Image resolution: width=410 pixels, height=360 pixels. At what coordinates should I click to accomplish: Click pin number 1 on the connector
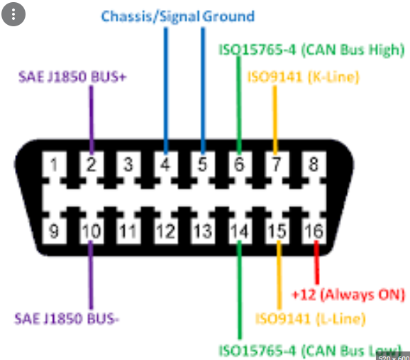tap(54, 165)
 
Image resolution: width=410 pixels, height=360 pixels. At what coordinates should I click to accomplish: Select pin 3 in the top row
tap(128, 165)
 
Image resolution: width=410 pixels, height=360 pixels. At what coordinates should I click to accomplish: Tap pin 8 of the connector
tap(314, 165)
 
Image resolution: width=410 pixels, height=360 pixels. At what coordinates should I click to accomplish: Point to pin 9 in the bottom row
tap(54, 231)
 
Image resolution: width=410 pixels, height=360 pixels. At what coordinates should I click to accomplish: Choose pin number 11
tap(128, 231)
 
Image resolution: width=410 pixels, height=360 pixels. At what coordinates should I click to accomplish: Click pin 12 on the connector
tap(166, 231)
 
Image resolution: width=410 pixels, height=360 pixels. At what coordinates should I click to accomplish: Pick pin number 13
tap(203, 231)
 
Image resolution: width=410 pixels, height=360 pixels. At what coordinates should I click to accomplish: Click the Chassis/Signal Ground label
tap(178, 16)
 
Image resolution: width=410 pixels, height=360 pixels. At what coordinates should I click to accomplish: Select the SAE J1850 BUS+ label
tap(72, 77)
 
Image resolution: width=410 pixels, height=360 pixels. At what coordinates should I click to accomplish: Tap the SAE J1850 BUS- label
tap(67, 319)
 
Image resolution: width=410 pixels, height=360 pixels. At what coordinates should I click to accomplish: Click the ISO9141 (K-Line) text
tap(304, 77)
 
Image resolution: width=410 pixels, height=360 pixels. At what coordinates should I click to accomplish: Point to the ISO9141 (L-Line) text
tap(310, 319)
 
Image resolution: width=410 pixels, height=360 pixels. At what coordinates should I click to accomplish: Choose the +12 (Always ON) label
tap(348, 295)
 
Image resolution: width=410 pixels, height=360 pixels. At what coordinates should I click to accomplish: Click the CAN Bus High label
tap(311, 50)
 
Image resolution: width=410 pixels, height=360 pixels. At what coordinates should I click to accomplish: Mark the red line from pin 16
tap(316, 262)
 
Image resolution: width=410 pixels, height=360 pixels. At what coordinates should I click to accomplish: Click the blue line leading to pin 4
tap(166, 91)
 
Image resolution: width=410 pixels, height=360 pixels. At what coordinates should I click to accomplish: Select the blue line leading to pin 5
tap(203, 91)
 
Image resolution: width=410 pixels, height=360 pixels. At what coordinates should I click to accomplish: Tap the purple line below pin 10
tap(91, 275)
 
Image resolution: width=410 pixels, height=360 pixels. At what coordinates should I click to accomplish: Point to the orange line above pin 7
tap(275, 120)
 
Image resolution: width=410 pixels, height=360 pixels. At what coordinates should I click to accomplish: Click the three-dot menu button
tap(13, 14)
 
